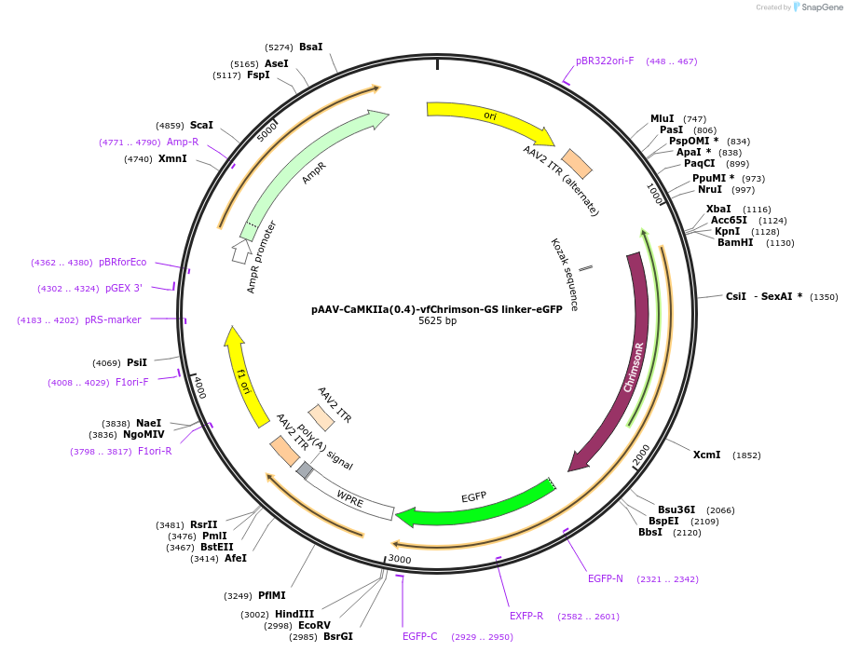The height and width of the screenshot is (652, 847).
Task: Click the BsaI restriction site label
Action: coord(310,47)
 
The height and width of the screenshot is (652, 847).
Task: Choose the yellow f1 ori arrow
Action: coord(241,377)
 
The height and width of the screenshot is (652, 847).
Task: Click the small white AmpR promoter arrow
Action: coord(241,250)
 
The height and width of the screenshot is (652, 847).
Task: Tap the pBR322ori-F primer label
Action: coord(605,61)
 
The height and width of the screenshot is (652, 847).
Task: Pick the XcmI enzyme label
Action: coord(706,455)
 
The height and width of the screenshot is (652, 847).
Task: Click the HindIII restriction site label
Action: coord(294,614)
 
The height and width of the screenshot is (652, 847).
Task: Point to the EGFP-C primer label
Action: coord(420,637)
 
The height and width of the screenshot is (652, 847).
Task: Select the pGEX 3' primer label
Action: coord(124,289)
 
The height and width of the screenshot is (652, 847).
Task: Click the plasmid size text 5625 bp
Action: coord(437,321)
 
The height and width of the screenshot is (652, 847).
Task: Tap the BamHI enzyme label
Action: coord(735,243)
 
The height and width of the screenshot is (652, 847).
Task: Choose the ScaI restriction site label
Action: coord(201,125)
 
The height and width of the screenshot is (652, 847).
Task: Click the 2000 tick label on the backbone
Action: coord(642,455)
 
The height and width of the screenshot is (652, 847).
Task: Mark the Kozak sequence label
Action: coord(565,274)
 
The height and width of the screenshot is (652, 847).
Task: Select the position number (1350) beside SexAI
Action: coord(824,297)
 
